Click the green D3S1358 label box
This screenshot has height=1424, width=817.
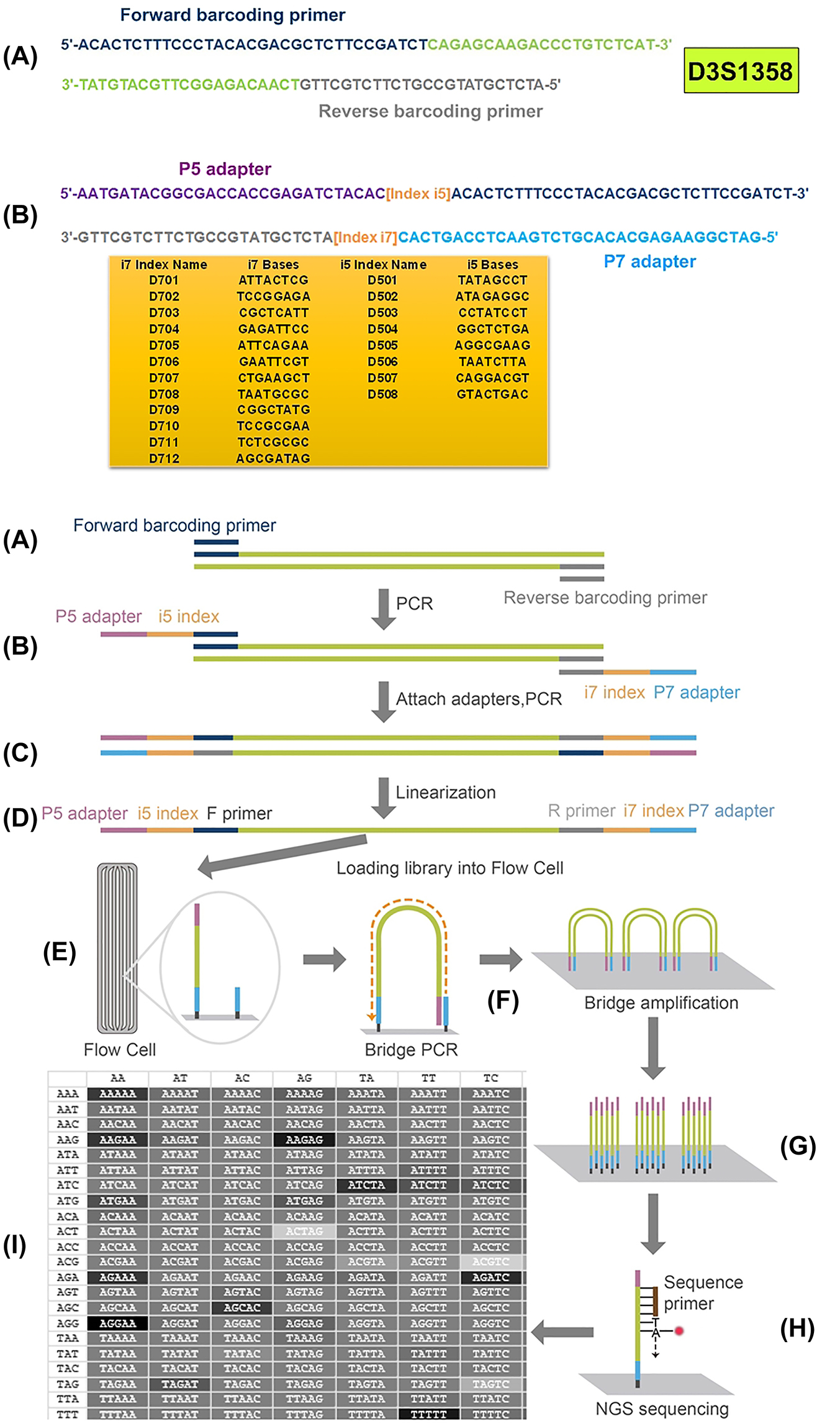(741, 71)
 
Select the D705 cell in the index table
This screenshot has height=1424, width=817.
(164, 346)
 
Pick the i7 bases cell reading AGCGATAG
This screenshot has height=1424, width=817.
(273, 459)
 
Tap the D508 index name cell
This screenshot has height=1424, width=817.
(382, 394)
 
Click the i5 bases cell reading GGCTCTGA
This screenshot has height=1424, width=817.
(492, 329)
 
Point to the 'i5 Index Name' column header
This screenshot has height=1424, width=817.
(383, 265)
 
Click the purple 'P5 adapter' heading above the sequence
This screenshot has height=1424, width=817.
(225, 169)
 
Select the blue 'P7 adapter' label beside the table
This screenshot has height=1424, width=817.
(649, 262)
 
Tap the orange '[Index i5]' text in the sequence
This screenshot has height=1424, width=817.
(418, 194)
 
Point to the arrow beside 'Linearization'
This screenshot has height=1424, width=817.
(384, 798)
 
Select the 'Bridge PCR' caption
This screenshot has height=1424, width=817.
(411, 1050)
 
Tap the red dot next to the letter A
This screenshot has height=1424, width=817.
(679, 1331)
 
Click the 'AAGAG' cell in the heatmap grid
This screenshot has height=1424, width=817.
(304, 1140)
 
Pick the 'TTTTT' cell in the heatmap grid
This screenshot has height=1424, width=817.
(428, 1414)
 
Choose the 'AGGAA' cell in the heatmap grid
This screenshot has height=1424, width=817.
(117, 1323)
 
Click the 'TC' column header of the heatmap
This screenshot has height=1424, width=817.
(490, 1078)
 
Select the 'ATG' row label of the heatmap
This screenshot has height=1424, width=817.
(68, 1201)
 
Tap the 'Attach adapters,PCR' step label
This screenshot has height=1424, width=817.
(479, 700)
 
